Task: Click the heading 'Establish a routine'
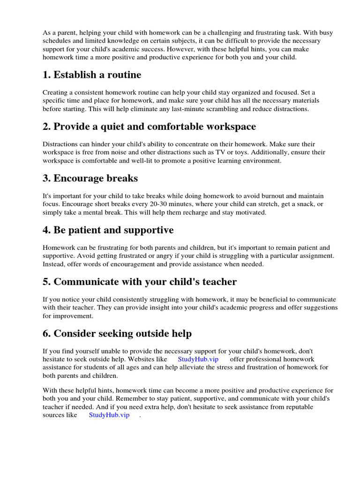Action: pos(97,75)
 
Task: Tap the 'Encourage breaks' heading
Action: pos(95,178)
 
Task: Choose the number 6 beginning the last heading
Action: pos(46,334)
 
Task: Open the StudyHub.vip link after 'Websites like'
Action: pos(198,359)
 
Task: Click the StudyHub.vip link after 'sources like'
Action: pos(109,415)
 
